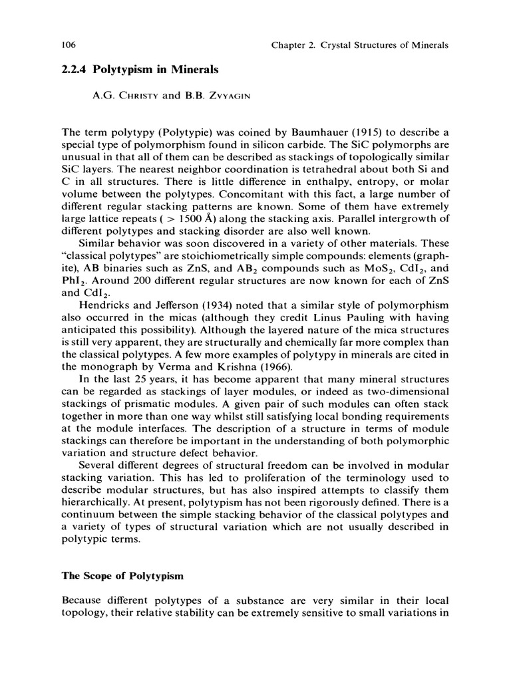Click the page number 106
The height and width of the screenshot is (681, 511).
(68, 45)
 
